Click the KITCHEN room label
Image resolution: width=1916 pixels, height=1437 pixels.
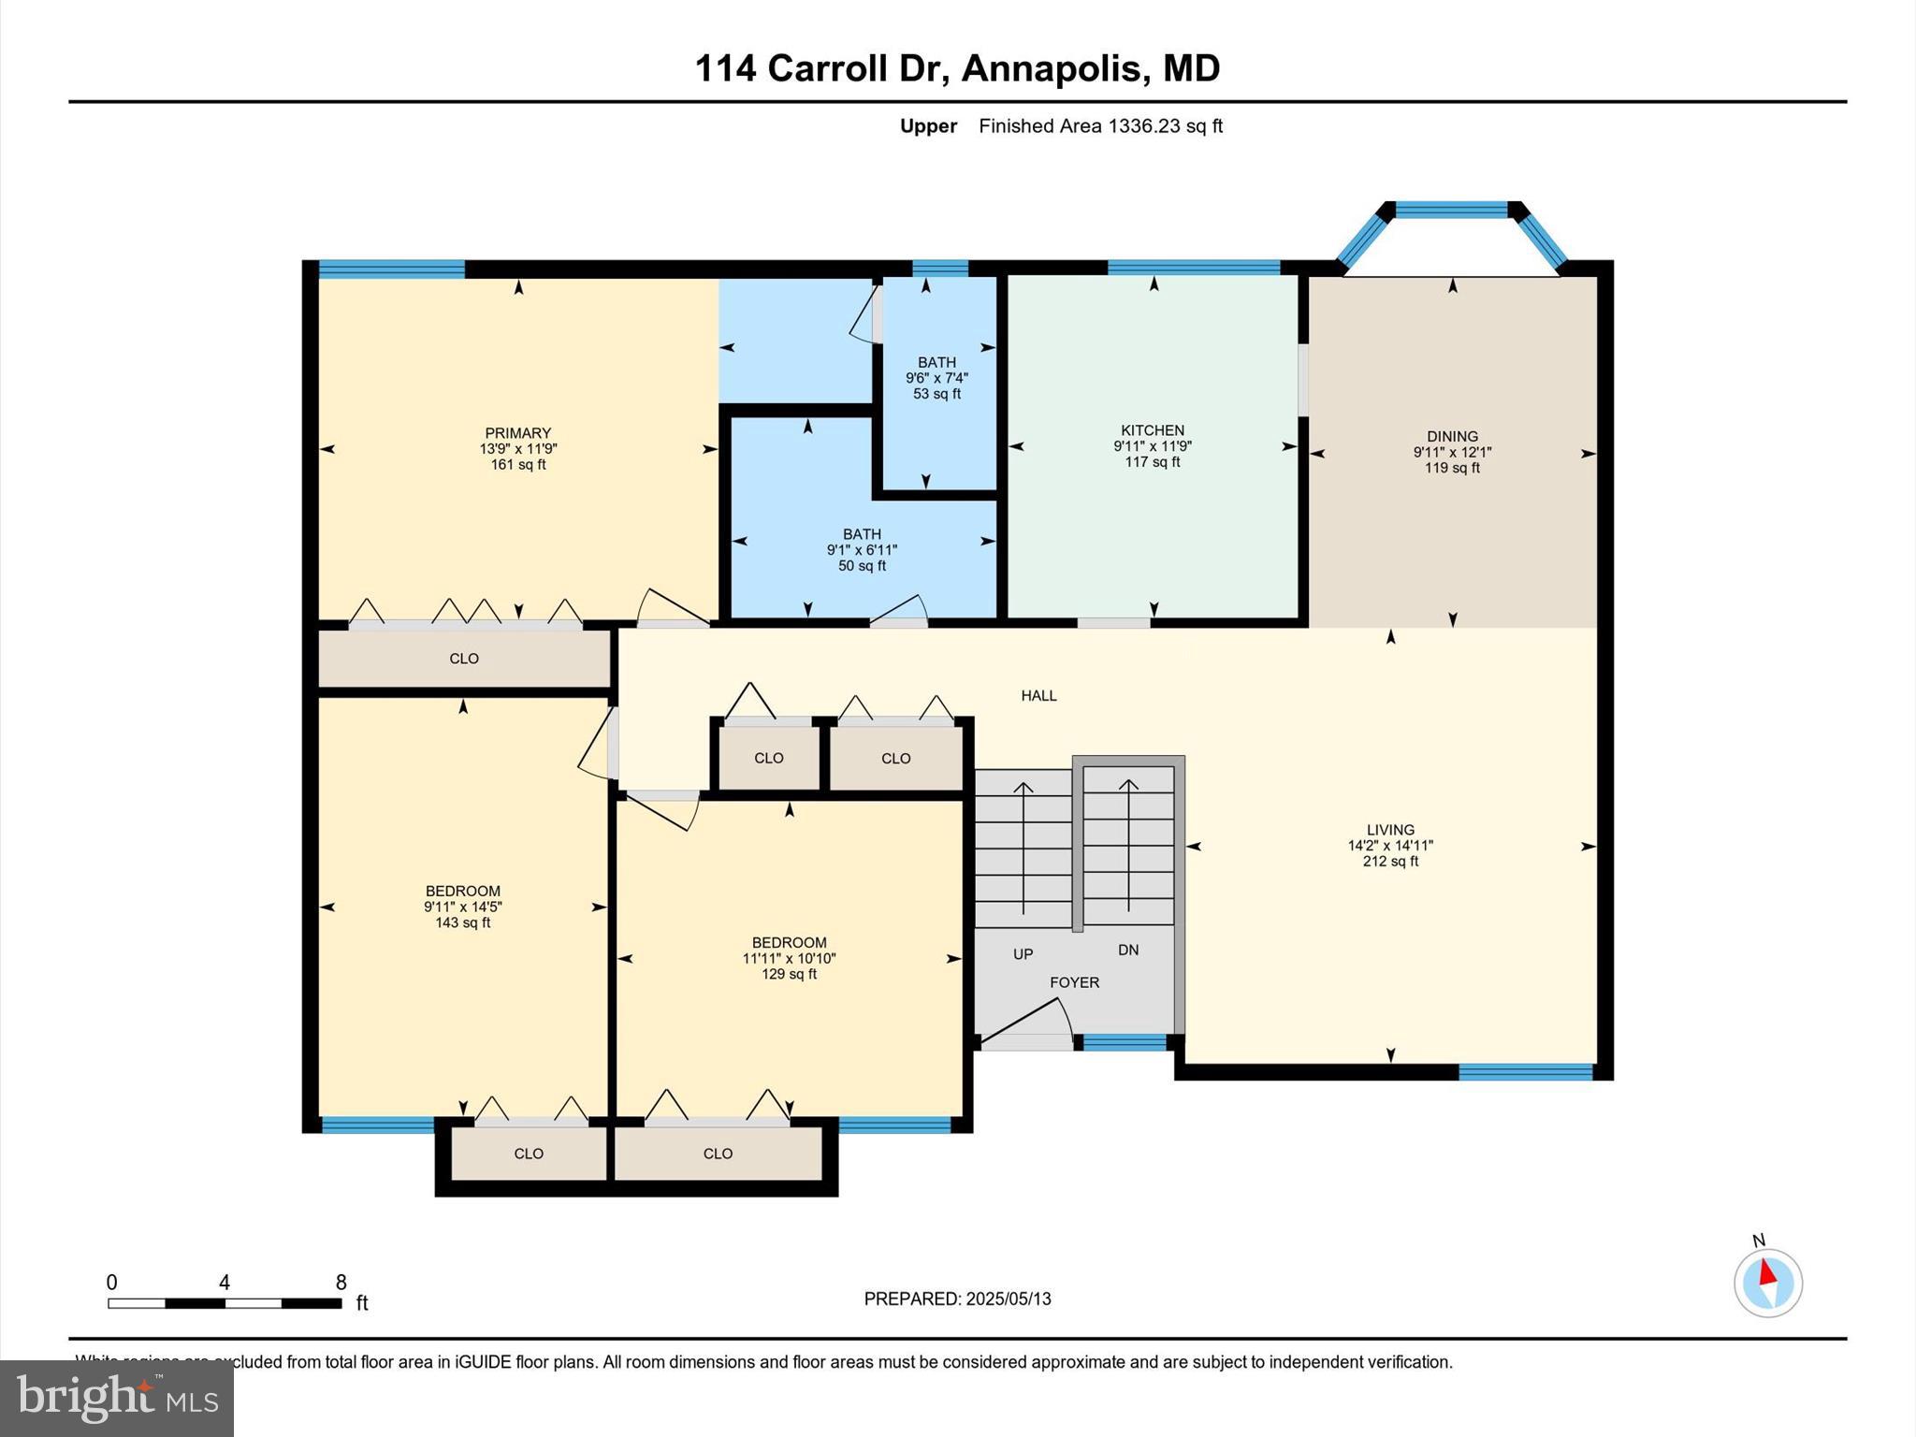pyautogui.click(x=1153, y=430)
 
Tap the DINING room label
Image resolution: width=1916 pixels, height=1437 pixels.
pyautogui.click(x=1452, y=436)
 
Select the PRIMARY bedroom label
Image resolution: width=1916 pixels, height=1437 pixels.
pyautogui.click(x=517, y=433)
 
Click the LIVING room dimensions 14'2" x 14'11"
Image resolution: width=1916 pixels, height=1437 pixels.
pyautogui.click(x=1390, y=846)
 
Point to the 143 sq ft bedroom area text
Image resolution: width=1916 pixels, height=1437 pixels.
pyautogui.click(x=462, y=922)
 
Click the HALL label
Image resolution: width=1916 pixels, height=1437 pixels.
pyautogui.click(x=1038, y=695)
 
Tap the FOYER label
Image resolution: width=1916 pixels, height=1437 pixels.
pyautogui.click(x=1074, y=982)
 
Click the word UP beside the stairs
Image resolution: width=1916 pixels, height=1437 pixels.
pyautogui.click(x=1023, y=954)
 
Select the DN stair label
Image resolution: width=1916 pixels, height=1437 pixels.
pyautogui.click(x=1128, y=950)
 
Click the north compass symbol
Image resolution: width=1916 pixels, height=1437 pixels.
pyautogui.click(x=1767, y=1283)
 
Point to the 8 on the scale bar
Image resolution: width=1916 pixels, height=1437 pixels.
pyautogui.click(x=341, y=1283)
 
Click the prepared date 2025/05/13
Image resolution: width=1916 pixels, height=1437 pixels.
pyautogui.click(x=1009, y=1299)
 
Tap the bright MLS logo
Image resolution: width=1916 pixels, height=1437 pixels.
pyautogui.click(x=117, y=1398)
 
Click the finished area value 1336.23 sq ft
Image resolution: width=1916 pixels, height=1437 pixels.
pyautogui.click(x=1165, y=126)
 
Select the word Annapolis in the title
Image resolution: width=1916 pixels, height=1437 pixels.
pyautogui.click(x=1052, y=68)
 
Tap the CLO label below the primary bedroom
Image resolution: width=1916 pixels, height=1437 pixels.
pyautogui.click(x=464, y=659)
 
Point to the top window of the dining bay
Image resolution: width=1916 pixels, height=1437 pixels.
pyautogui.click(x=1452, y=210)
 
